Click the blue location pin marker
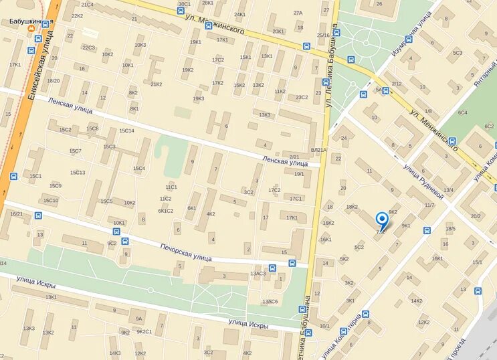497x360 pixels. pyautogui.click(x=381, y=220)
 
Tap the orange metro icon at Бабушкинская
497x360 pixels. pyautogui.click(x=31, y=29)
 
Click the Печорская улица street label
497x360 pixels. pyautogui.click(x=185, y=252)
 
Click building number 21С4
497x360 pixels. pyautogui.click(x=87, y=5)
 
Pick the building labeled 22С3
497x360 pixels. pyautogui.click(x=88, y=48)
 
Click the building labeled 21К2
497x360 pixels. pyautogui.click(x=156, y=84)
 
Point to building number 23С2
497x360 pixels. pyautogui.click(x=302, y=97)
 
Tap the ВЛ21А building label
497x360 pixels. pyautogui.click(x=318, y=150)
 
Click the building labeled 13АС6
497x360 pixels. pyautogui.click(x=270, y=301)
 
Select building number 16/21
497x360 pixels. pyautogui.click(x=17, y=213)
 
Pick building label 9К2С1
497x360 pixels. pyautogui.click(x=144, y=331)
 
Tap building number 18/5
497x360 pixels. pyautogui.click(x=450, y=229)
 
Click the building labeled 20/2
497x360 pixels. pyautogui.click(x=476, y=215)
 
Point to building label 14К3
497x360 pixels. pyautogui.click(x=115, y=353)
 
